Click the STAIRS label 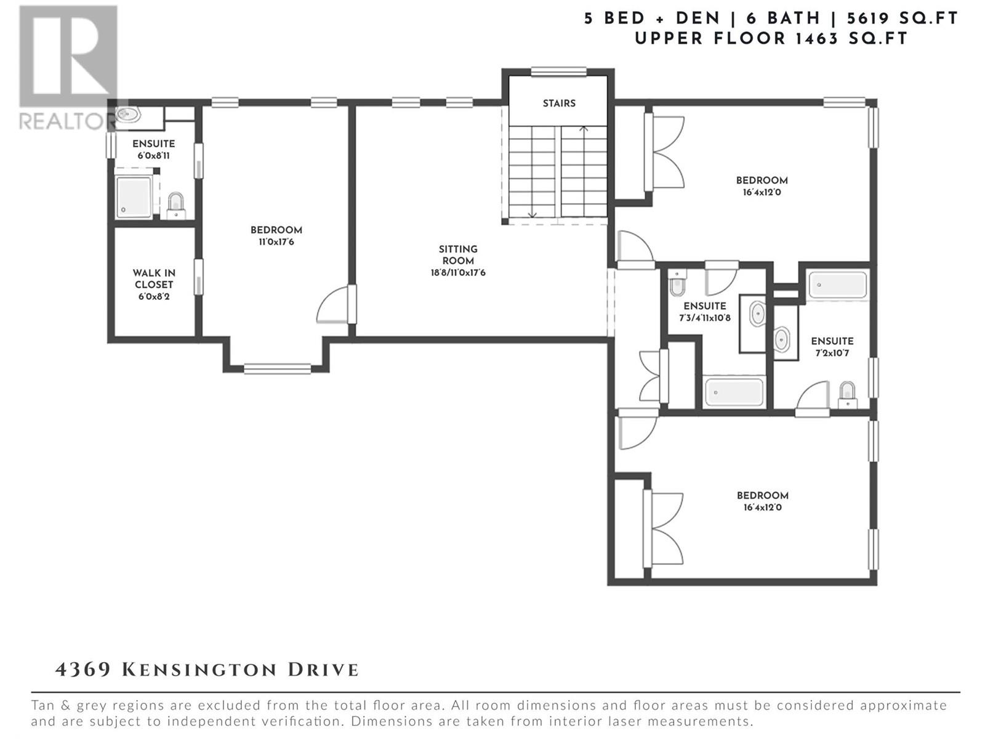tap(559, 103)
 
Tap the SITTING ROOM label tap(458, 255)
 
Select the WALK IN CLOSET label tap(154, 278)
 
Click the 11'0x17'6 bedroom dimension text tap(276, 242)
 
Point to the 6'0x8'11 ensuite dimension tap(153, 156)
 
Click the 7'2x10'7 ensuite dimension tap(832, 353)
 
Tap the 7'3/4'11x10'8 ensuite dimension tap(704, 318)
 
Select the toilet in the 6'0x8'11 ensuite tap(176, 206)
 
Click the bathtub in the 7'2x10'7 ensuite tap(837, 285)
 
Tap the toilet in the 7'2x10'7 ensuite tap(847, 395)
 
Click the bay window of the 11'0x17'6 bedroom tap(277, 369)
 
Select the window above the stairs tap(559, 72)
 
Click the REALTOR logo tap(68, 67)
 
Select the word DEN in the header tap(698, 18)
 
